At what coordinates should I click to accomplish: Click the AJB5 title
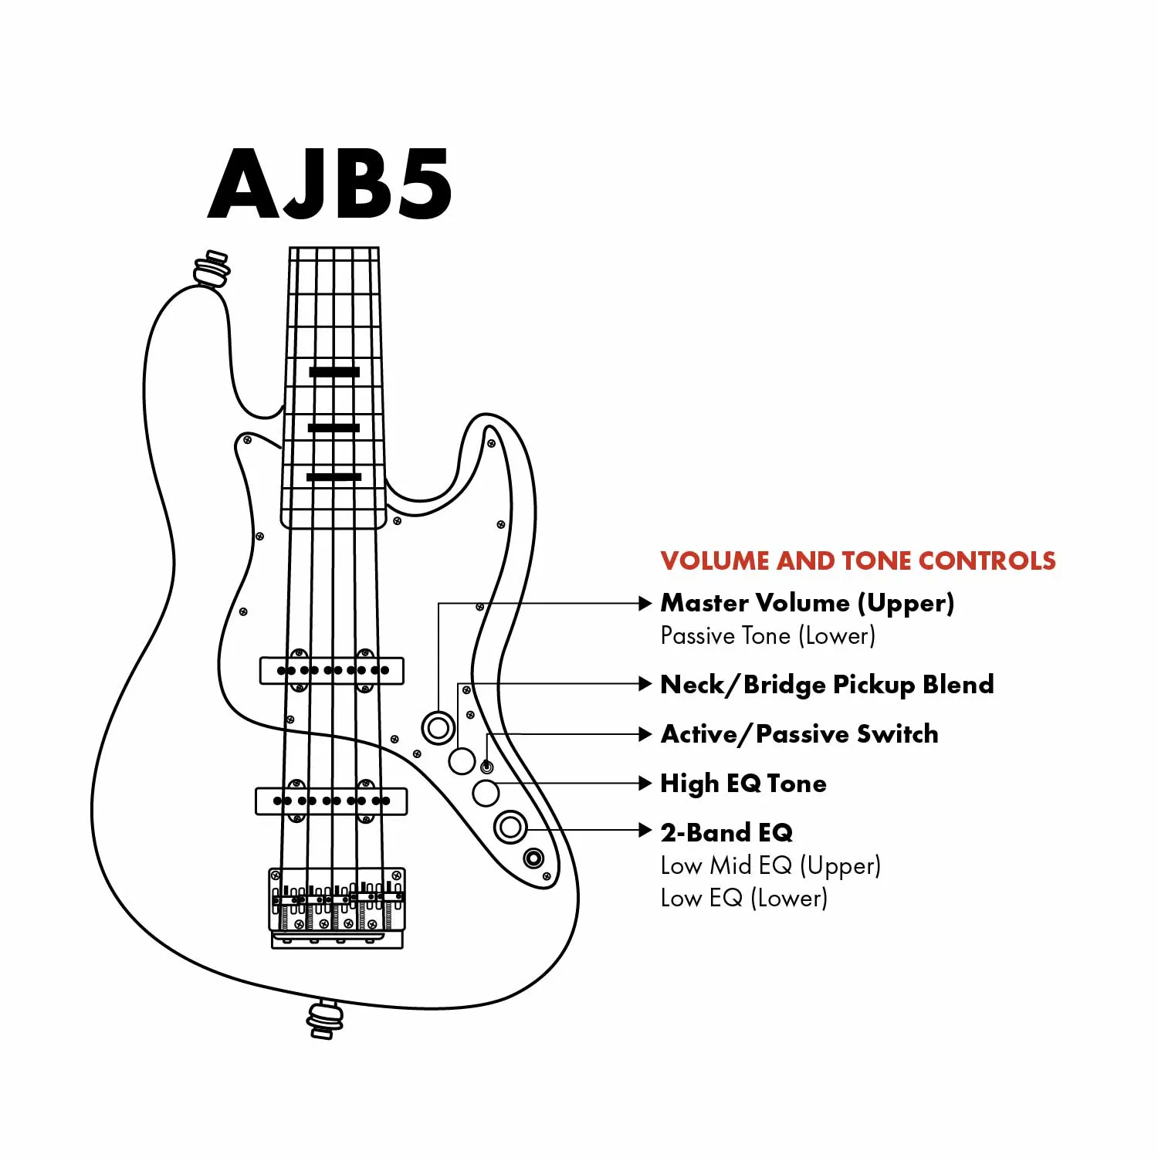(x=330, y=184)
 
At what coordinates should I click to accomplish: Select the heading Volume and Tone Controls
(x=858, y=560)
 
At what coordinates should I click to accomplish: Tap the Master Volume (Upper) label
(x=808, y=603)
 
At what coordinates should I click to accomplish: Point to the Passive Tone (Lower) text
(x=768, y=636)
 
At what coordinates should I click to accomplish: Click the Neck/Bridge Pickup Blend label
(x=828, y=685)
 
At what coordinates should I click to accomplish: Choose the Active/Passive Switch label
(x=800, y=734)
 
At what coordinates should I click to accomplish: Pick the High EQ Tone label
(x=743, y=784)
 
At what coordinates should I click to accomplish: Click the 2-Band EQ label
(x=726, y=832)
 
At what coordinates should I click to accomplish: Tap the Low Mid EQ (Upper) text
(x=770, y=866)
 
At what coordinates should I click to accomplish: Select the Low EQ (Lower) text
(x=744, y=899)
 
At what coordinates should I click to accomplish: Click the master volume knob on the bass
(x=438, y=727)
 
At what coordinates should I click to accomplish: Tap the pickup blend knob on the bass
(x=462, y=761)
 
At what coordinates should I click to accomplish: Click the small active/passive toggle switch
(x=486, y=767)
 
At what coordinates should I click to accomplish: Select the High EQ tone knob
(x=486, y=793)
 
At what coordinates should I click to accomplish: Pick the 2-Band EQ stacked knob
(x=510, y=828)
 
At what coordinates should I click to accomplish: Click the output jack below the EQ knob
(x=533, y=858)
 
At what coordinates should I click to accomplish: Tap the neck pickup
(x=332, y=670)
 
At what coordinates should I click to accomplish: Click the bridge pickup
(x=331, y=801)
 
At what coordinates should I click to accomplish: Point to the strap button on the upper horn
(x=212, y=269)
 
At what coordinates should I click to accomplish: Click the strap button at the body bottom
(x=325, y=1019)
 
